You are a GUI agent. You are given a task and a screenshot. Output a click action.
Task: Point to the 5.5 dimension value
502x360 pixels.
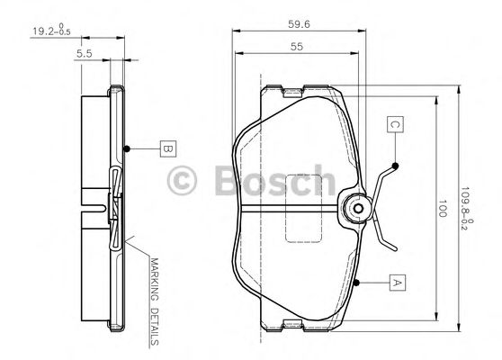point(84,54)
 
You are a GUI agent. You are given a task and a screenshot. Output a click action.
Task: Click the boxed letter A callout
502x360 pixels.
point(395,283)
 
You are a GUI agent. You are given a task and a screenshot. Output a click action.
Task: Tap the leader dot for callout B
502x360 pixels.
point(129,148)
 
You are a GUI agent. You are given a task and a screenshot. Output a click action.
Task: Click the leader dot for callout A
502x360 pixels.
point(357,283)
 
